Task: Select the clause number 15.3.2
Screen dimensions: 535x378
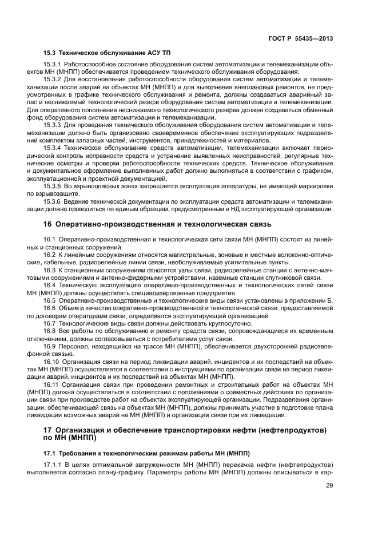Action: (x=52, y=78)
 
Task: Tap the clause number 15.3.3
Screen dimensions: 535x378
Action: (x=52, y=124)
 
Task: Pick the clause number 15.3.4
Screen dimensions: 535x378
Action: (x=52, y=147)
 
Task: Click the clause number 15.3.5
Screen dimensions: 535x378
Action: (x=52, y=187)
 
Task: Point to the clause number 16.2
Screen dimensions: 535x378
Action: (x=50, y=253)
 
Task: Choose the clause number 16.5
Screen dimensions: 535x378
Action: (x=50, y=300)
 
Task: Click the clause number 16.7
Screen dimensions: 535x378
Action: (x=50, y=323)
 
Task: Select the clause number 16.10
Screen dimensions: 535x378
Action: (x=51, y=363)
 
